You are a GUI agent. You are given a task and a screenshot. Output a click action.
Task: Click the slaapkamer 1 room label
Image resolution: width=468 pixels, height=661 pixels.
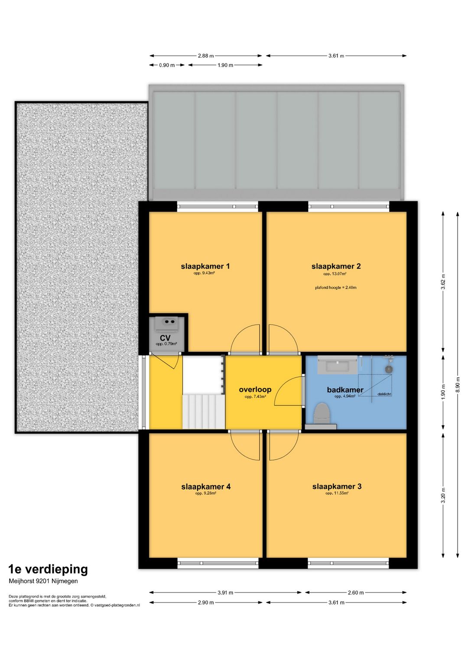[x=205, y=266]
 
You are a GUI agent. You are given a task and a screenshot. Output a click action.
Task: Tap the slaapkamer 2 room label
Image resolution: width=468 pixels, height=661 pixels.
[x=336, y=266]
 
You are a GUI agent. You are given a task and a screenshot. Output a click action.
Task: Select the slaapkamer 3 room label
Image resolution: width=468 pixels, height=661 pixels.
[x=337, y=486]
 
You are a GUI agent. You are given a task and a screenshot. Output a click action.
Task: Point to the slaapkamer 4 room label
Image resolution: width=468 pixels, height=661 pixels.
[x=206, y=487]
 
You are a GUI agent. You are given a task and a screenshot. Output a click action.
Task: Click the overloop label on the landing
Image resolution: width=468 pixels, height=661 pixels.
[x=255, y=389]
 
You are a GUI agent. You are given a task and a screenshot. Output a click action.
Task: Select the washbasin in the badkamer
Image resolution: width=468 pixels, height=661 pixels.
[x=337, y=365]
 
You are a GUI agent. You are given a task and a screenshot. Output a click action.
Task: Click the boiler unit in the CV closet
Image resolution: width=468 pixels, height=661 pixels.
[x=168, y=324]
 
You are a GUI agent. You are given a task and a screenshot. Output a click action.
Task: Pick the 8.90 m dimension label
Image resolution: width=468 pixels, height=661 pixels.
[x=458, y=384]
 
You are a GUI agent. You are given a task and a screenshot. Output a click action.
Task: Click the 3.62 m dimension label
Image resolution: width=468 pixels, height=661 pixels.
[x=443, y=282]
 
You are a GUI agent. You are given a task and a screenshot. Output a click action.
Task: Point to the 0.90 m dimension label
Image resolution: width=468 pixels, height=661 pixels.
[x=167, y=65]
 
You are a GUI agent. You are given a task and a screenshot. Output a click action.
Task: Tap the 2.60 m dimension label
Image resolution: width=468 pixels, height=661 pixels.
[x=356, y=593]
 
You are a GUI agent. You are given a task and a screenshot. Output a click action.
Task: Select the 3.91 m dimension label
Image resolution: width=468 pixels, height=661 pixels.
[x=225, y=593]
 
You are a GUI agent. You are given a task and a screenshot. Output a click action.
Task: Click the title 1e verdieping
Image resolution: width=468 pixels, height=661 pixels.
[x=48, y=569]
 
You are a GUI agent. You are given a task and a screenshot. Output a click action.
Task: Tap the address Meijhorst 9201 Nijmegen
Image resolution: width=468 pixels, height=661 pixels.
[x=43, y=581]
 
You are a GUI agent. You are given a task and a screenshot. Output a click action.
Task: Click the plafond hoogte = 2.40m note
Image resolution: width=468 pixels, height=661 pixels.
[x=335, y=288]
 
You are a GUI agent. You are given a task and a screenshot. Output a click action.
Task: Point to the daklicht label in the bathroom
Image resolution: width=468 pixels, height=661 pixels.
[x=384, y=394]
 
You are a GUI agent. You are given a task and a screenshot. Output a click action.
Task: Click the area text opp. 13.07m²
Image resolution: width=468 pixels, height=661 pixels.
[x=335, y=274]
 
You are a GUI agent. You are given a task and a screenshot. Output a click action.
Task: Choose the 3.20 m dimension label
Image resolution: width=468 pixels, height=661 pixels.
[x=443, y=496]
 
